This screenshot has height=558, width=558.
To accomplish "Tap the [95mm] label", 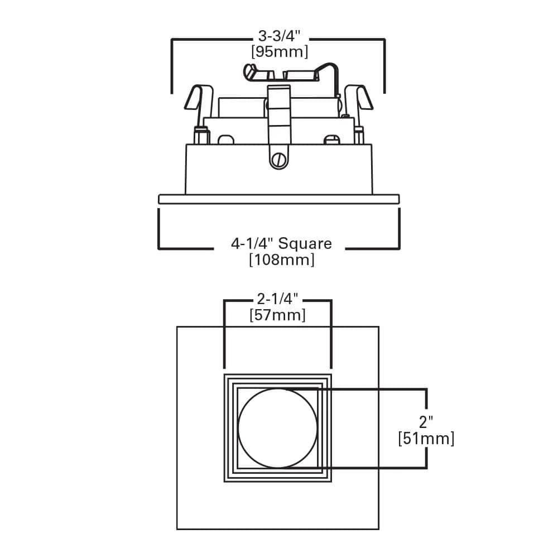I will [x=280, y=52].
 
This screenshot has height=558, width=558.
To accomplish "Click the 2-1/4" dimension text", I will [x=277, y=300].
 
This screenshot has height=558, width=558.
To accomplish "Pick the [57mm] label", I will [x=277, y=315].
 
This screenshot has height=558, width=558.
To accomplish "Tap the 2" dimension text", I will [x=427, y=421].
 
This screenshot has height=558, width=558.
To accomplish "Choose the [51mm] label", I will [x=427, y=439].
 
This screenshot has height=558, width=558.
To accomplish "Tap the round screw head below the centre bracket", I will [x=279, y=160].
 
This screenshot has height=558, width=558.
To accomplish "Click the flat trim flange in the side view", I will [x=279, y=199].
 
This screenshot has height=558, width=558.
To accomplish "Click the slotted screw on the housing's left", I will [x=225, y=139].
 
